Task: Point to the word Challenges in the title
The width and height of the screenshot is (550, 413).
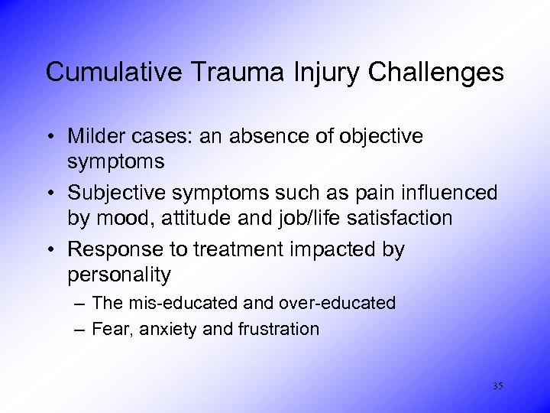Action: [x=436, y=73]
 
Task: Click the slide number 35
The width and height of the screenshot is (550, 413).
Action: [x=498, y=386]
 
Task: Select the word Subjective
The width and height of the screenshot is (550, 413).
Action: [x=112, y=193]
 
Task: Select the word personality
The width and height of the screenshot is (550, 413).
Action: [x=119, y=274]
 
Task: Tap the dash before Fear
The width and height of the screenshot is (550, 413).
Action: [x=80, y=330]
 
